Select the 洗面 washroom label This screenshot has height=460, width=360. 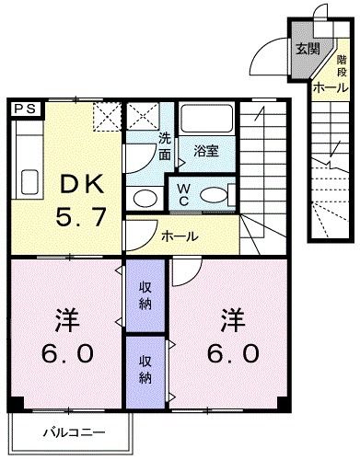point(165,146)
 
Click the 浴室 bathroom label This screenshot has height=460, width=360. point(206,151)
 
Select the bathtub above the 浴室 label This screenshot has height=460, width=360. point(206,120)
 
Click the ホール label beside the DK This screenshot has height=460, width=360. point(180,236)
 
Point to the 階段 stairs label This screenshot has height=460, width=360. point(340,63)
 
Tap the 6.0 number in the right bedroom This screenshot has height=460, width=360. point(231,352)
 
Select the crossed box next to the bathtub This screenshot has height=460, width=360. point(144,118)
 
